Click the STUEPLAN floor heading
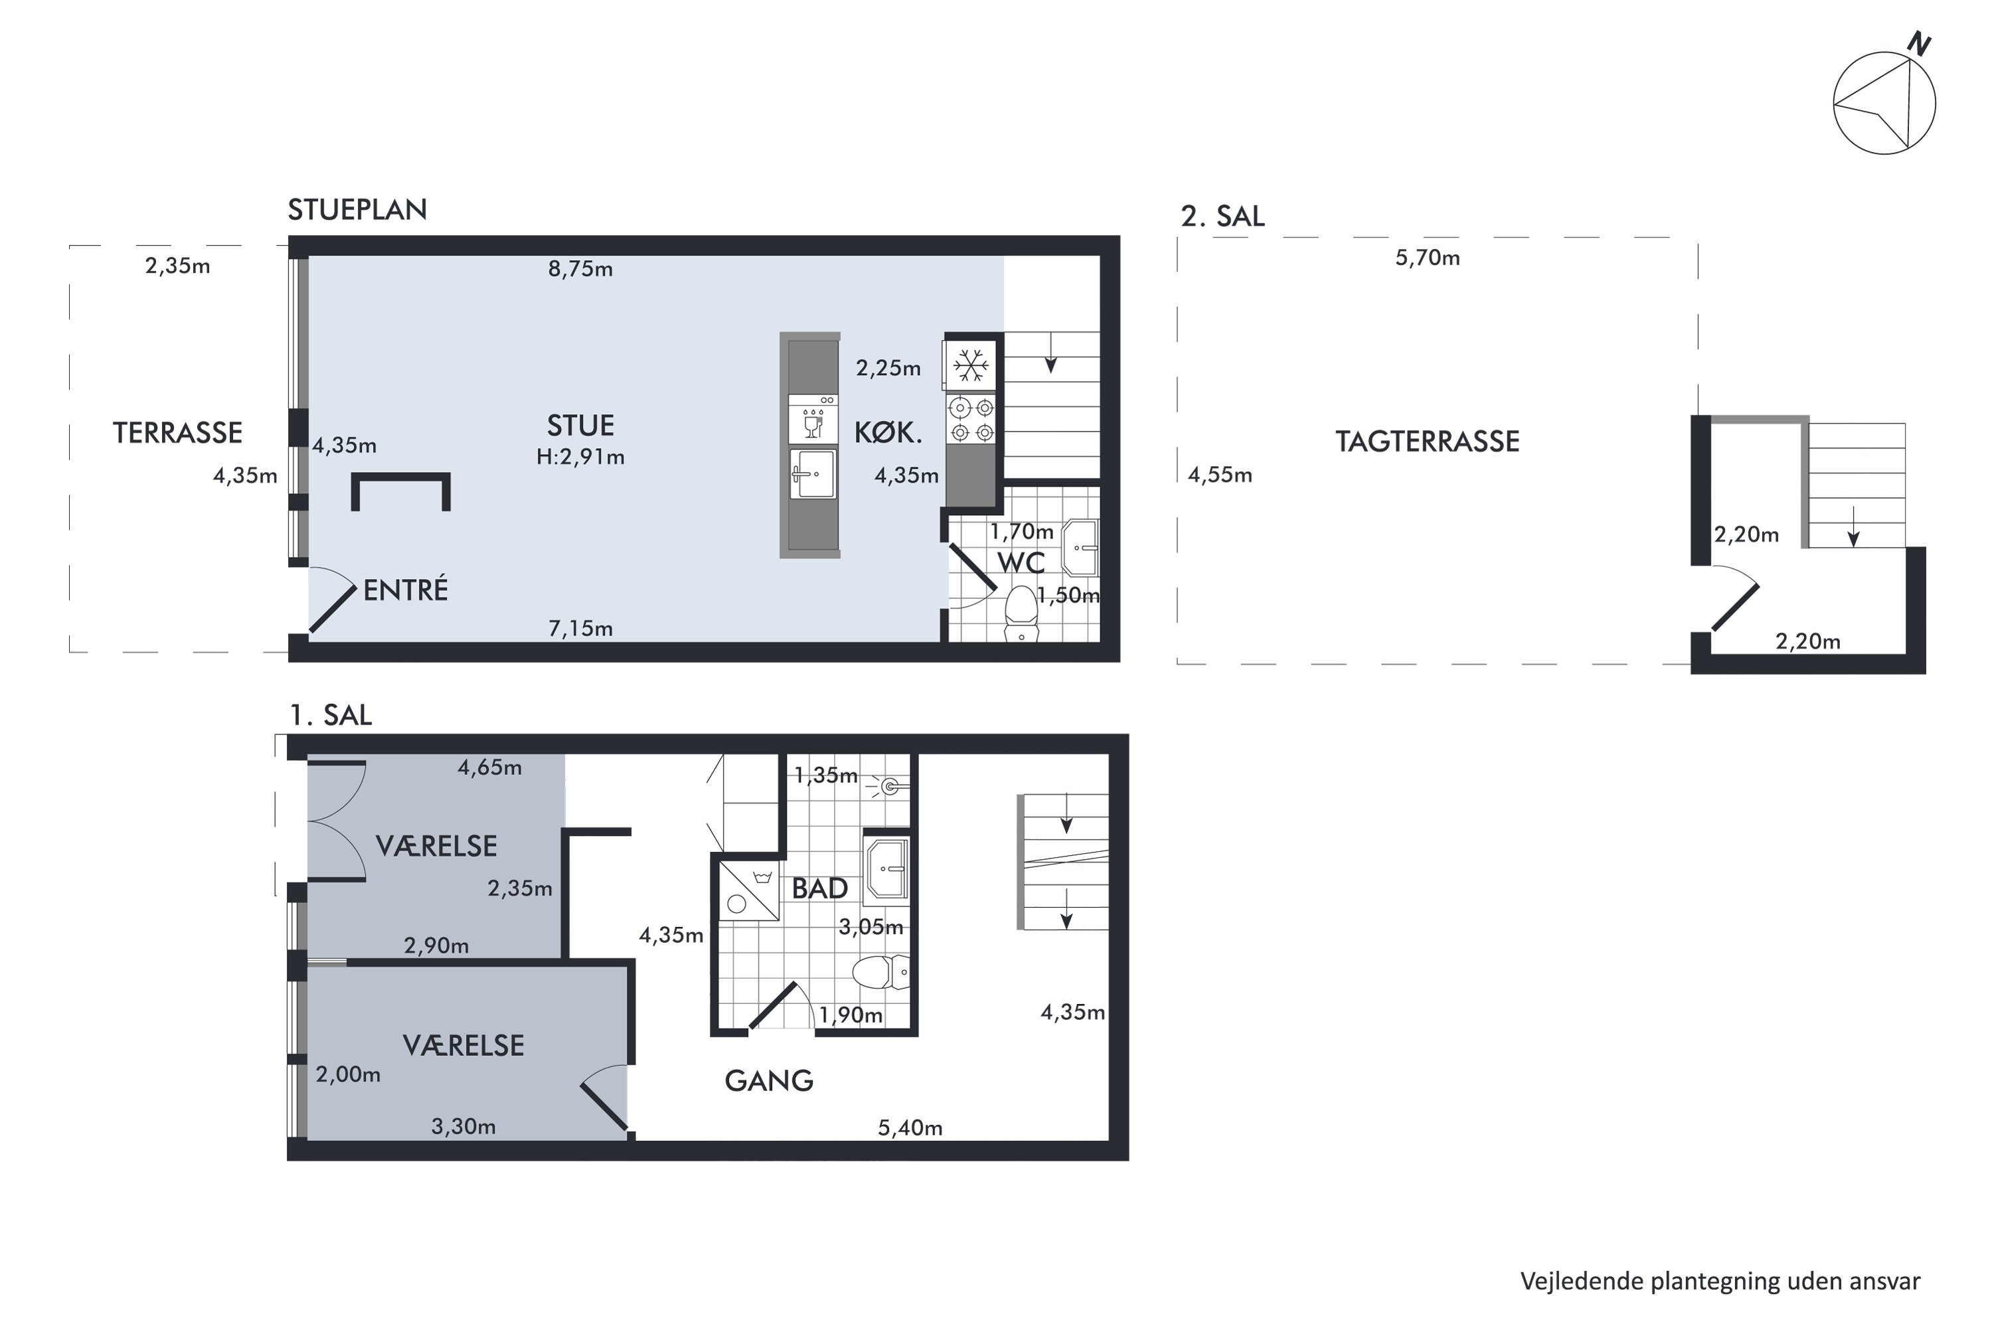[x=357, y=209]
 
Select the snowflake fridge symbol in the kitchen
[x=971, y=366]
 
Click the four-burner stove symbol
[x=971, y=419]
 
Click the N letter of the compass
[x=1918, y=44]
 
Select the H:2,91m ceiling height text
[x=580, y=457]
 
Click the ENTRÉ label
[x=406, y=590]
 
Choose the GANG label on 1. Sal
[x=769, y=1081]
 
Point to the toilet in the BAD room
[x=881, y=971]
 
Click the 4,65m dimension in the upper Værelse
[x=489, y=768]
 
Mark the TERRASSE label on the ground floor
[x=178, y=433]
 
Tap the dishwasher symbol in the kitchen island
[x=813, y=419]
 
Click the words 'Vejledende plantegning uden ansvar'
[x=1720, y=1282]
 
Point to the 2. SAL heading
[x=1222, y=217]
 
